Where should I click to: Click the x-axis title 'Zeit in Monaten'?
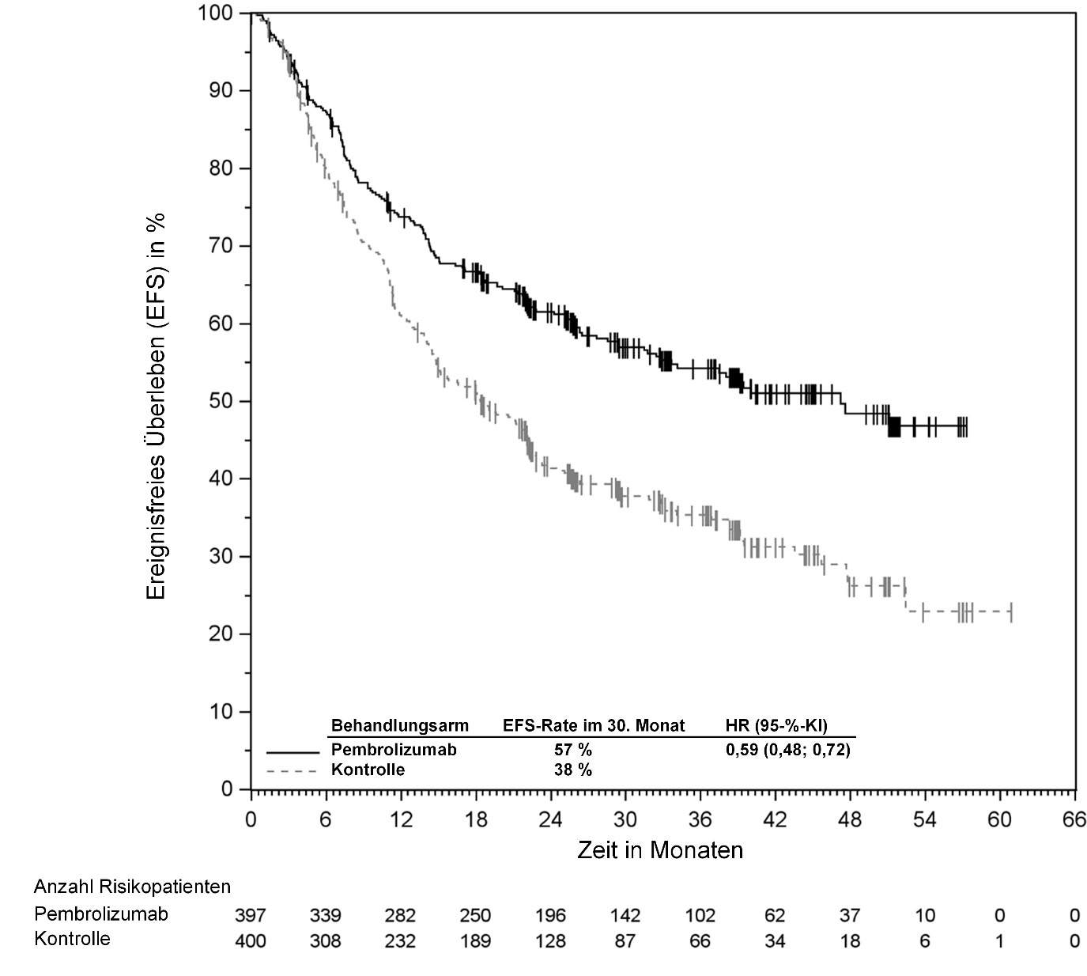pos(660,850)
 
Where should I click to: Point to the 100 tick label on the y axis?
pos(216,13)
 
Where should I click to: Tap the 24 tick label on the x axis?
pos(550,819)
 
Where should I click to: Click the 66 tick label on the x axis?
pos(1074,819)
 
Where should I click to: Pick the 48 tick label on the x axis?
pos(850,819)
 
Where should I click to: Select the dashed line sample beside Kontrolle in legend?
pos(293,770)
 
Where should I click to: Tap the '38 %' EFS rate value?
pos(572,770)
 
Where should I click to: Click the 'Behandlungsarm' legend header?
pos(399,725)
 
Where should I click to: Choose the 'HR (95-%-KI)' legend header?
pos(776,725)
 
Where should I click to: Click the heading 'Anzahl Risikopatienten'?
pos(132,887)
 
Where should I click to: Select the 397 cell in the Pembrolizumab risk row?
pos(251,916)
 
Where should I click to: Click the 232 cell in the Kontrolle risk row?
pos(400,941)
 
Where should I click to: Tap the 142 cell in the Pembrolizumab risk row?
pos(625,916)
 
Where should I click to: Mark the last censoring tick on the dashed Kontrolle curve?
pos(1011,612)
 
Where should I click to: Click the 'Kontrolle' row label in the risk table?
pos(72,940)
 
